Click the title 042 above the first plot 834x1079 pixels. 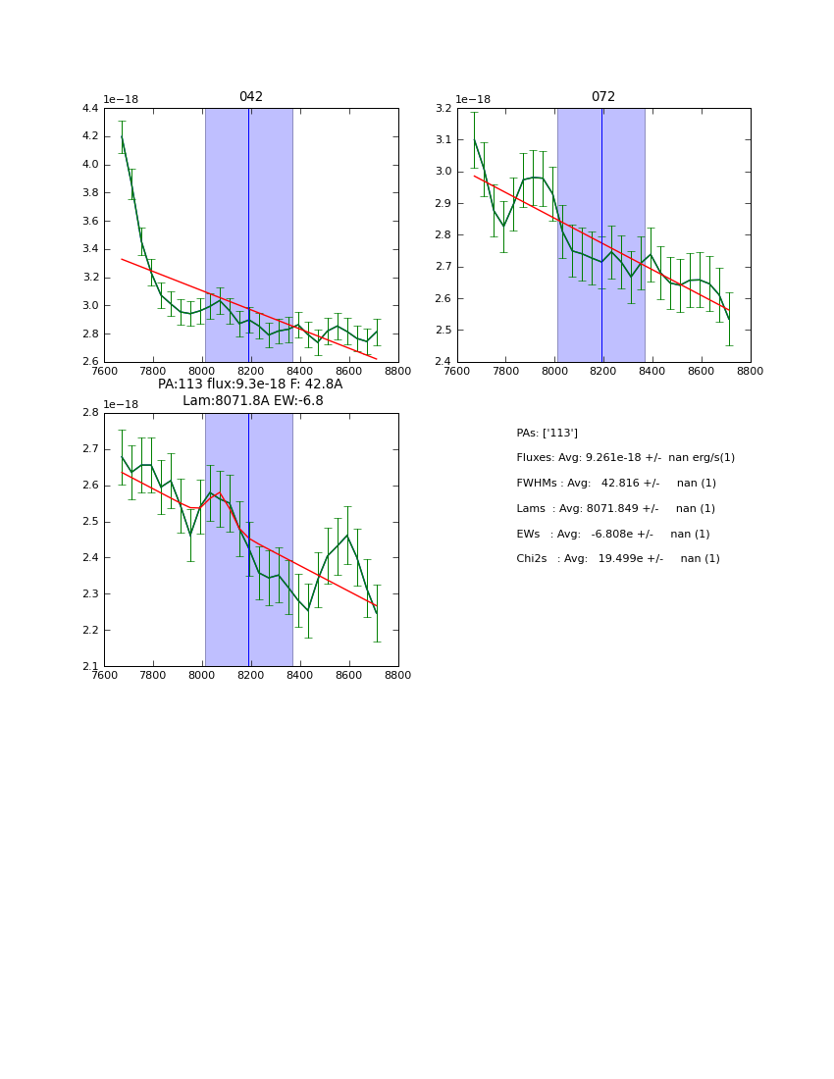pos(250,97)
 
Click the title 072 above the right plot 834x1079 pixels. pos(602,97)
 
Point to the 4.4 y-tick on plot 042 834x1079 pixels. pos(89,108)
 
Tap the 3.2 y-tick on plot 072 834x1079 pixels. pos(443,108)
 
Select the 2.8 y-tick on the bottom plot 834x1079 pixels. pos(89,413)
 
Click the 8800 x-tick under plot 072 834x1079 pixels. pos(750,372)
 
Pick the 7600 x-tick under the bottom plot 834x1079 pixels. pos(104,676)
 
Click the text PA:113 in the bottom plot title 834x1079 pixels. pos(181,385)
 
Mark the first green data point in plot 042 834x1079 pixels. pos(122,136)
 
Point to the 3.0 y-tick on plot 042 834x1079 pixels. pos(89,305)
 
